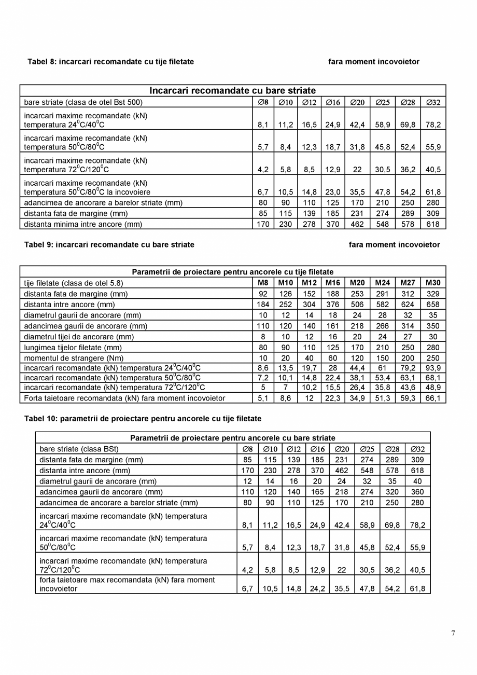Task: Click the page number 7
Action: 453,633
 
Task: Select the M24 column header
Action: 382,283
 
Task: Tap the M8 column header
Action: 263,283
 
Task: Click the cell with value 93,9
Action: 433,368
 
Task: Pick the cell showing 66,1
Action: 433,398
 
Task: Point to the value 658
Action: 433,305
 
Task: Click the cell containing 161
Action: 333,326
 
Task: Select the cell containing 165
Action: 317,492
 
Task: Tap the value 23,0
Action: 333,192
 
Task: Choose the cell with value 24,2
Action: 317,589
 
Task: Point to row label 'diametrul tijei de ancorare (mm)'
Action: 79,337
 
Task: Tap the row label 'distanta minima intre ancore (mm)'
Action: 83,225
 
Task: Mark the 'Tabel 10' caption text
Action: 143,418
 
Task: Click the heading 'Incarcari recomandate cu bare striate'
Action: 232,91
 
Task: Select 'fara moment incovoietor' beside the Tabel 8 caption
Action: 373,62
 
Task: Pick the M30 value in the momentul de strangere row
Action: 433,358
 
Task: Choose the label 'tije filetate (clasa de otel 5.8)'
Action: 74,283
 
